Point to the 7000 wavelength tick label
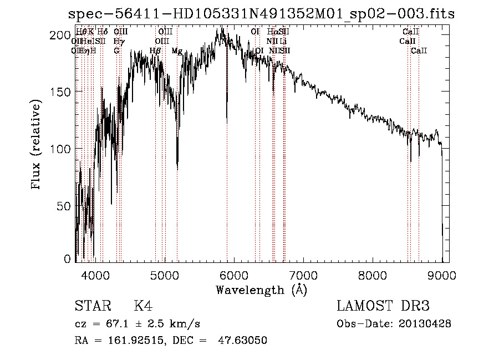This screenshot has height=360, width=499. click(x=303, y=274)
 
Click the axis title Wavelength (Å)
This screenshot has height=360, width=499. click(x=261, y=290)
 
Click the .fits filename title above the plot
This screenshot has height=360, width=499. click(x=261, y=14)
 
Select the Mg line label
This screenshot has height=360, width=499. click(x=177, y=51)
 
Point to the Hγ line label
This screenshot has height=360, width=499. click(x=119, y=41)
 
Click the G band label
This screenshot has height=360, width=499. click(x=116, y=51)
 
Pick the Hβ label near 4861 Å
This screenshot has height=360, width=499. click(x=155, y=51)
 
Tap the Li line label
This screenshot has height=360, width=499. click(x=283, y=41)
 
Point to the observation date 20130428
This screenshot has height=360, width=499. click(x=425, y=323)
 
